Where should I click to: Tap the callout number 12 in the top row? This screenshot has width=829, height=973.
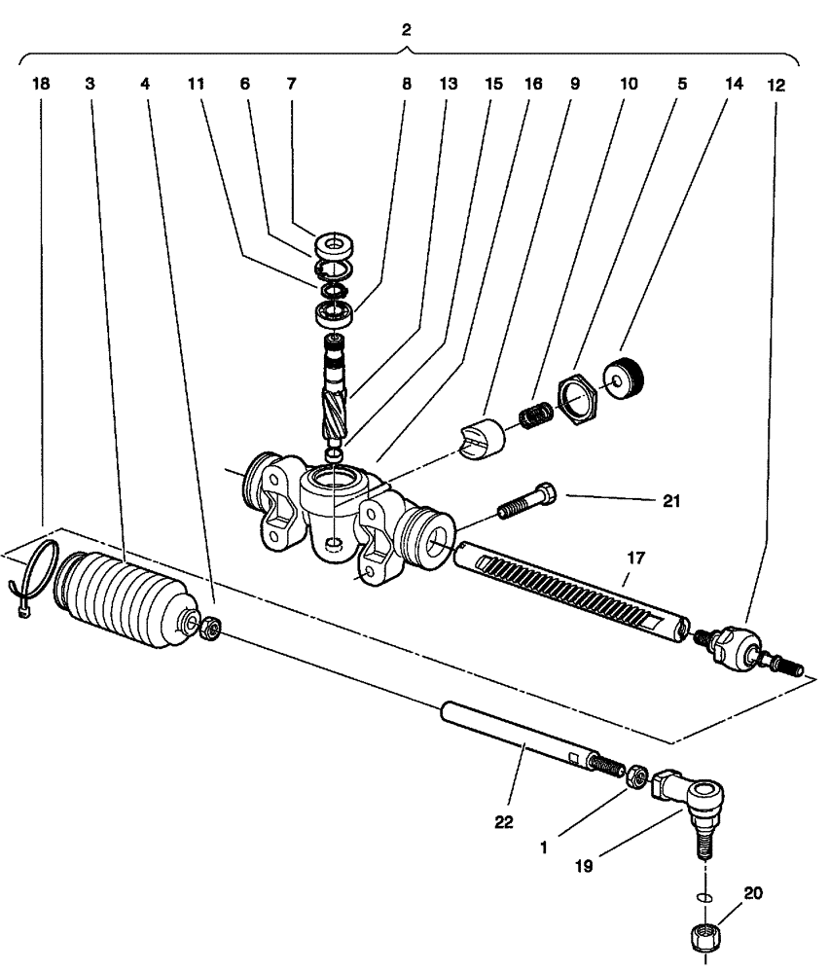[x=776, y=85]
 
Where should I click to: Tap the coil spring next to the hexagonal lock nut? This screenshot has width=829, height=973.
[x=534, y=415]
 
